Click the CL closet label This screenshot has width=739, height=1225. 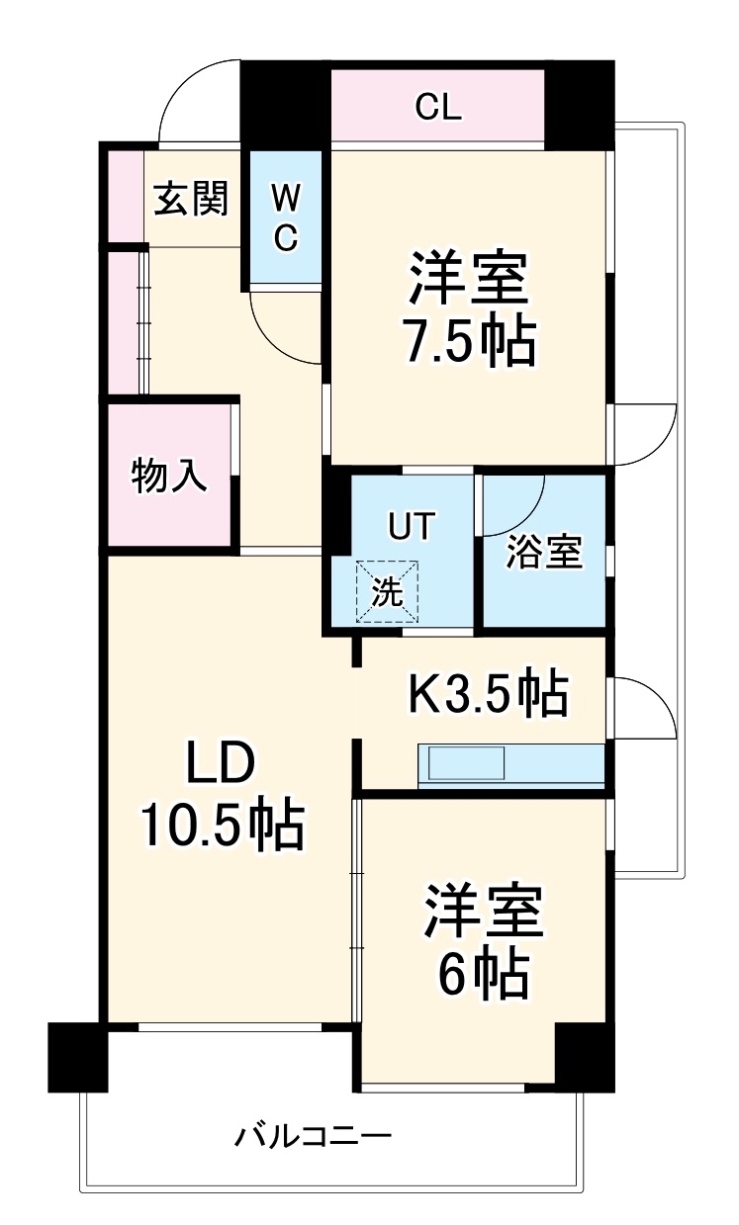(x=437, y=108)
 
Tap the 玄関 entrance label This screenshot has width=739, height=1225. (x=191, y=200)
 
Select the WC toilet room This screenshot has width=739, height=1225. (x=285, y=219)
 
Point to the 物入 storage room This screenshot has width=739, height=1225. (x=169, y=476)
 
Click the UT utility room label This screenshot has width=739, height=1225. (x=410, y=526)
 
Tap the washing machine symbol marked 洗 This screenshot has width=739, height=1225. (x=388, y=592)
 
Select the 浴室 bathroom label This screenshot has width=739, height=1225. (x=543, y=554)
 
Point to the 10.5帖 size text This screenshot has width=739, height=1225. (x=221, y=826)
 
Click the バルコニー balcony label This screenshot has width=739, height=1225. (x=313, y=1135)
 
